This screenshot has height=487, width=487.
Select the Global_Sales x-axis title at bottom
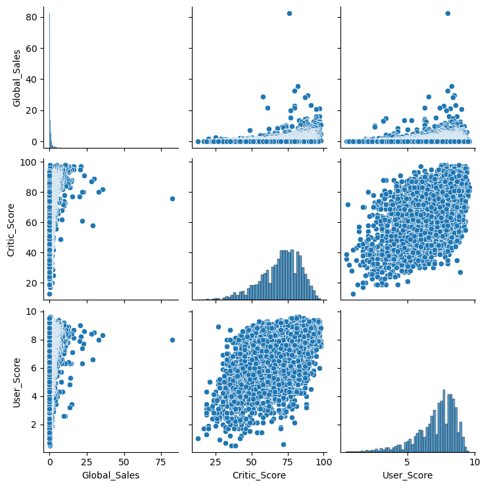pos(112,474)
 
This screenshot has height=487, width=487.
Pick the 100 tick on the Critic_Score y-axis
pos(32,162)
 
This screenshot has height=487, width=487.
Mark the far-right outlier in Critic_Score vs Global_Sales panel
pos(172,198)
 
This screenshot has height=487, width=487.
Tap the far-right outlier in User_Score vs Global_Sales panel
pos(172,340)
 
